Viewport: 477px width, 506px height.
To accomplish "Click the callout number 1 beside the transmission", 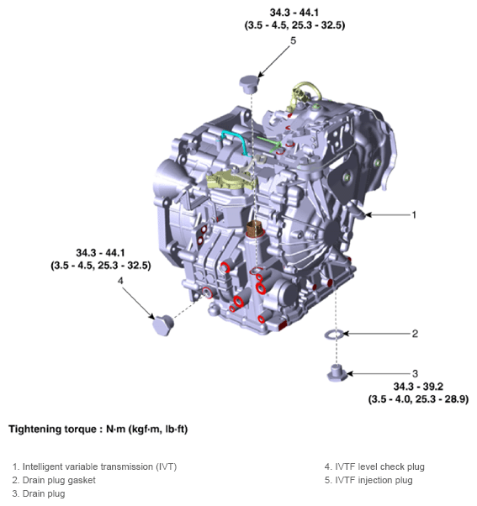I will click(x=414, y=215).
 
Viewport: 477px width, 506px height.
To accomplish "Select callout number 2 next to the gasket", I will click(x=415, y=334).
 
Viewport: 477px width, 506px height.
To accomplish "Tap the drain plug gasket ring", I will click(x=335, y=335).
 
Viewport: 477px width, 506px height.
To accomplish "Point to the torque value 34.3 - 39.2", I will click(x=418, y=387).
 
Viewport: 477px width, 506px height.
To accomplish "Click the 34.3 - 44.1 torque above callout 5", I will click(x=291, y=13).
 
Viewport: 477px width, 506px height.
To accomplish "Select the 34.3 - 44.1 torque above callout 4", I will click(x=100, y=252).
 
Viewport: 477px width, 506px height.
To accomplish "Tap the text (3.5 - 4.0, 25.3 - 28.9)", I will click(x=418, y=399).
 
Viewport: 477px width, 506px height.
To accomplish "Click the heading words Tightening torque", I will click(x=46, y=430).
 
